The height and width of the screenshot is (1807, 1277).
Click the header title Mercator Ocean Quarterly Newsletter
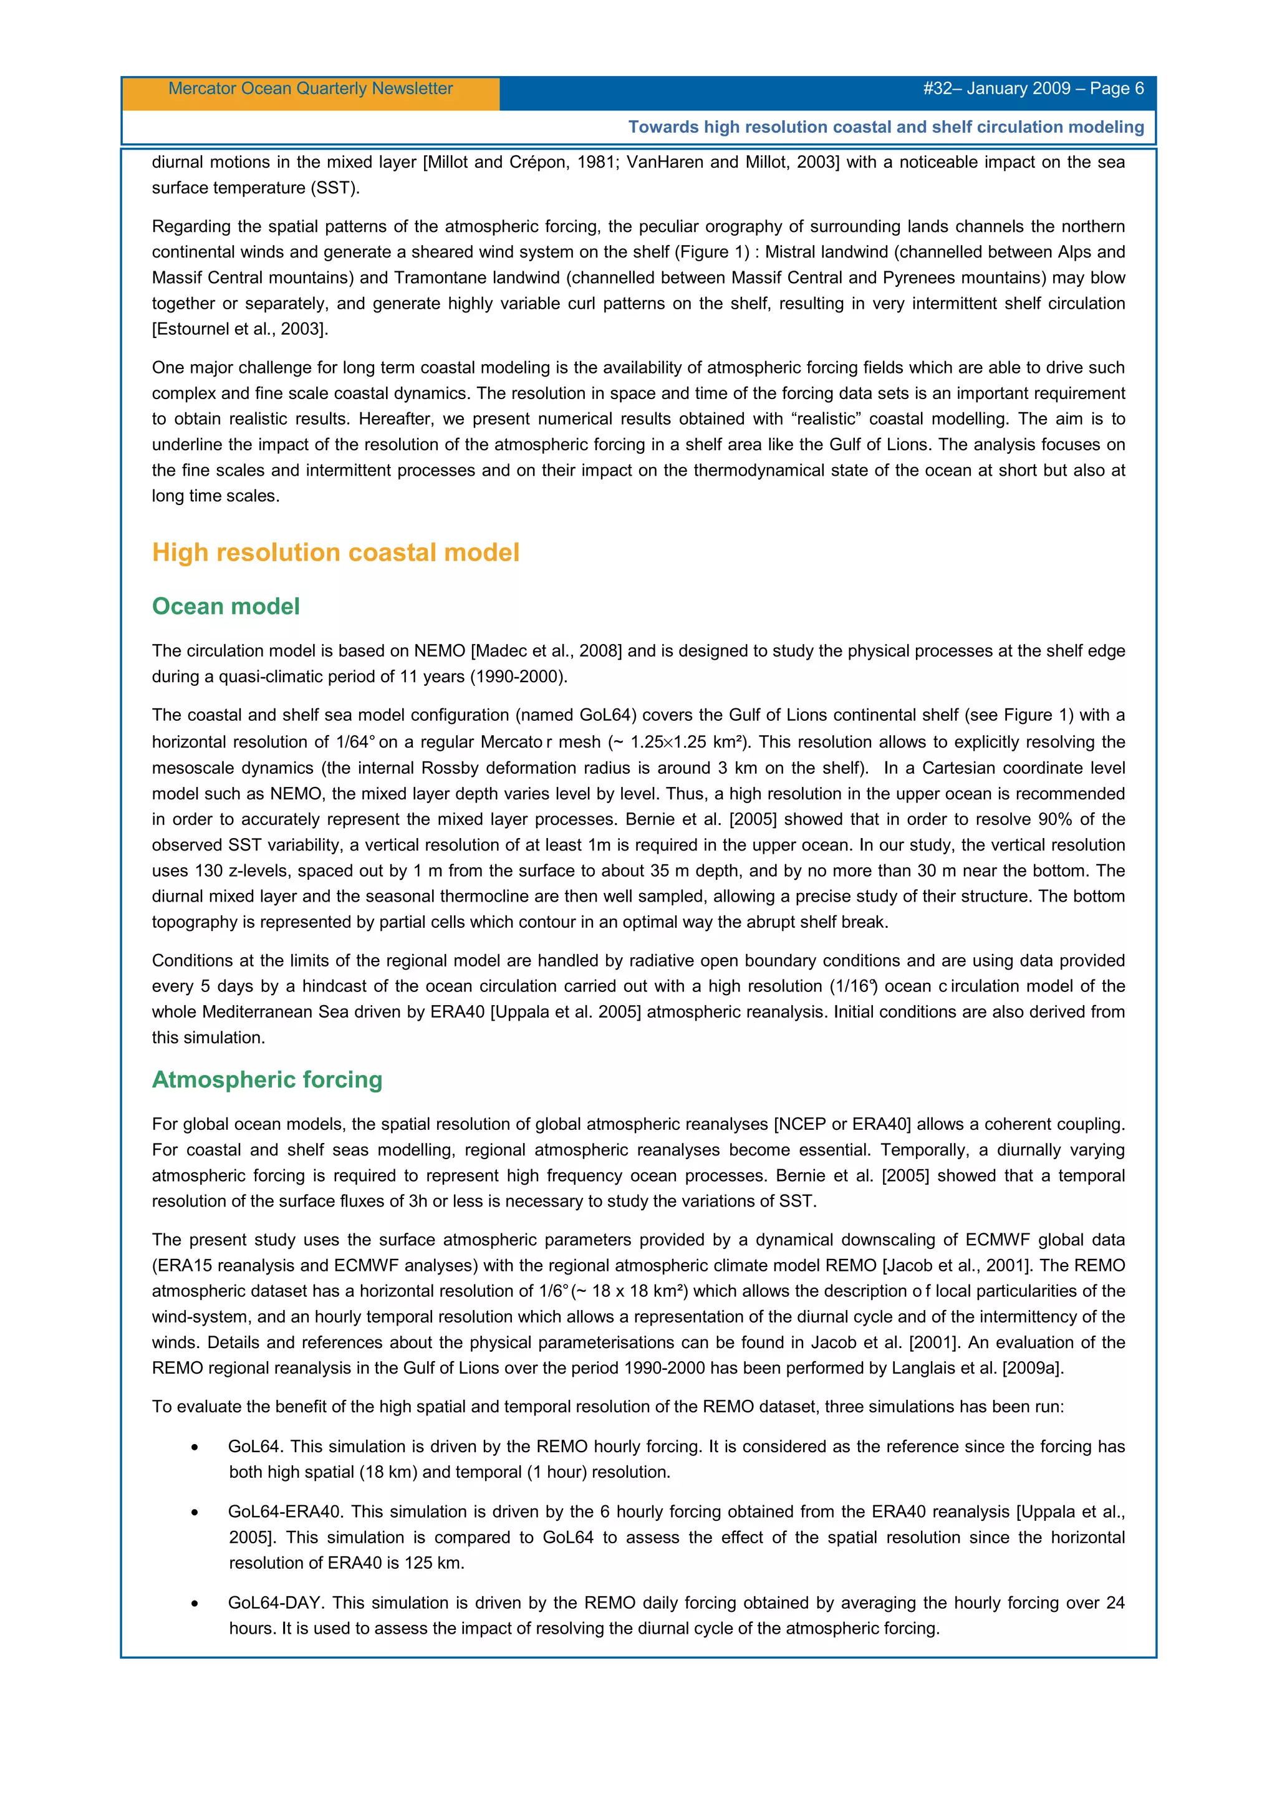[310, 88]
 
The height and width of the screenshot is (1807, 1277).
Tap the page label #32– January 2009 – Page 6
[1033, 88]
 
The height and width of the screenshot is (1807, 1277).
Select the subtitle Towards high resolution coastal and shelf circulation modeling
[886, 127]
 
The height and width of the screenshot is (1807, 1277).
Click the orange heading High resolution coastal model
[335, 552]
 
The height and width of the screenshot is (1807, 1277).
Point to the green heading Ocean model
[226, 606]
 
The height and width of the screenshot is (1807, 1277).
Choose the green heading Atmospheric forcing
[267, 1079]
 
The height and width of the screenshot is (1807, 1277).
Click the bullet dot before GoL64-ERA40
[195, 1513]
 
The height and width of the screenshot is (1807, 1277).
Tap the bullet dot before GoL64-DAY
[195, 1603]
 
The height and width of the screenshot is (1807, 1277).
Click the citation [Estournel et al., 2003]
[239, 329]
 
